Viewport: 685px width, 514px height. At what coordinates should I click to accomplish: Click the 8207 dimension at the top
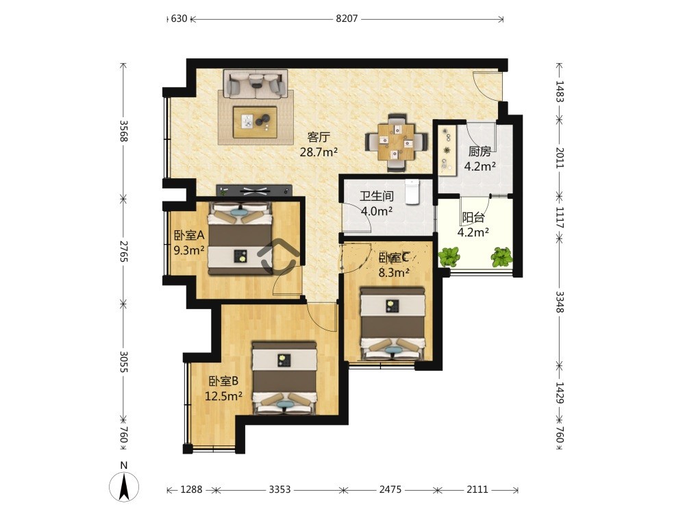pyautogui.click(x=347, y=19)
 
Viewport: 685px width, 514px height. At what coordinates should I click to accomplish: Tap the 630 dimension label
pyautogui.click(x=179, y=19)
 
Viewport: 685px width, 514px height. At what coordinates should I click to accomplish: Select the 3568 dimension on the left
pyautogui.click(x=123, y=131)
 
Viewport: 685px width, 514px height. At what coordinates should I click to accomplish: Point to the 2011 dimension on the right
pyautogui.click(x=560, y=158)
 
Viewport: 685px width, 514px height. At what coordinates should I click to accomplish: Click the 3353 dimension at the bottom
pyautogui.click(x=279, y=489)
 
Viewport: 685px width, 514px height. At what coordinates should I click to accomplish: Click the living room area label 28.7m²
pyautogui.click(x=319, y=152)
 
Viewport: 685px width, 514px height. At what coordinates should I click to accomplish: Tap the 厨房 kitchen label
pyautogui.click(x=480, y=151)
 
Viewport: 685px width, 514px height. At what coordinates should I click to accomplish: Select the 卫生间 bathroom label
pyautogui.click(x=377, y=196)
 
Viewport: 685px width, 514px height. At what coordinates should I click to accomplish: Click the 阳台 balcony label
pyautogui.click(x=473, y=217)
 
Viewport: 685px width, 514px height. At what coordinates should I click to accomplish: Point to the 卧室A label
pyautogui.click(x=189, y=236)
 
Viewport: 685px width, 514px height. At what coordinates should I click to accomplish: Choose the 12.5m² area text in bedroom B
pyautogui.click(x=224, y=396)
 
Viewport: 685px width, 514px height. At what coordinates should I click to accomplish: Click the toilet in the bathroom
pyautogui.click(x=412, y=192)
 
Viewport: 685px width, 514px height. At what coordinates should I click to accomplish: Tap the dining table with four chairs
pyautogui.click(x=396, y=142)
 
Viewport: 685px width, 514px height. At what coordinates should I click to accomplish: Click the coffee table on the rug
pyautogui.click(x=255, y=122)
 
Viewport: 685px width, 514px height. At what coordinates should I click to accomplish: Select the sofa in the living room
pyautogui.click(x=256, y=84)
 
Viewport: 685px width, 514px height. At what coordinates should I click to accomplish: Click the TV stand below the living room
pyautogui.click(x=254, y=190)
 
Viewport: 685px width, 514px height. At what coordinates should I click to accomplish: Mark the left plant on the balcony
pyautogui.click(x=449, y=256)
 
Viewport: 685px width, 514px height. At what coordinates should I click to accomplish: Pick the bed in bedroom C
pyautogui.click(x=393, y=323)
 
